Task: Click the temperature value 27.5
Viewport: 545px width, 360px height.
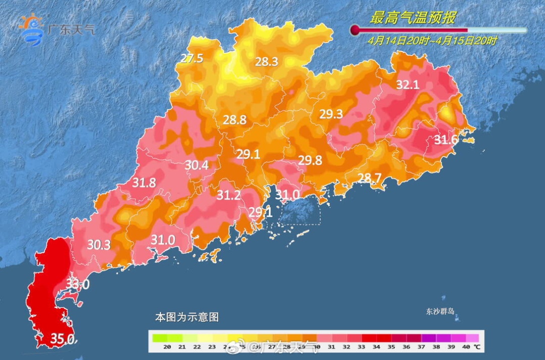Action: (x=192, y=59)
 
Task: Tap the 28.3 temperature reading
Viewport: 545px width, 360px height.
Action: (x=266, y=62)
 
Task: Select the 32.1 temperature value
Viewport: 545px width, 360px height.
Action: (x=407, y=85)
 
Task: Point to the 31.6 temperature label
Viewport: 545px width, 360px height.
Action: (x=446, y=140)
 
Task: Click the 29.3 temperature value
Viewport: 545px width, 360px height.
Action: (x=331, y=114)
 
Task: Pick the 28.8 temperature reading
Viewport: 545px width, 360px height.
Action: (x=235, y=120)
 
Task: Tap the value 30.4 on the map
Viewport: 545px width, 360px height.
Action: (x=196, y=165)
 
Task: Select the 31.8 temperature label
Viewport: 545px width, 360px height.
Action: (x=144, y=183)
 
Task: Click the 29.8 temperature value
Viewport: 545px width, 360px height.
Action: (x=310, y=160)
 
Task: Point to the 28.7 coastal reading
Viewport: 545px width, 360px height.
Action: (x=369, y=177)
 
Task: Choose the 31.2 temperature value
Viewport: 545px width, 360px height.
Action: (x=229, y=195)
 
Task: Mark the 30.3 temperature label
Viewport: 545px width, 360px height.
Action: (x=99, y=245)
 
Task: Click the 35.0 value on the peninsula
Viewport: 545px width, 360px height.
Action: (x=63, y=338)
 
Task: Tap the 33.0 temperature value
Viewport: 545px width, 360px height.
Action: (x=78, y=284)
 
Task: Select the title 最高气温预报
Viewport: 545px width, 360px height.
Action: (x=412, y=18)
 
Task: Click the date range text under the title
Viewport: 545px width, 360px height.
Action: (x=432, y=41)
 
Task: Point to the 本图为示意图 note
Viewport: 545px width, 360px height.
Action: (x=186, y=317)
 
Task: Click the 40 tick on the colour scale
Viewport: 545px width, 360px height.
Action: (x=465, y=347)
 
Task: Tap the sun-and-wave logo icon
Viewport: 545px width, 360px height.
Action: (x=31, y=30)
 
